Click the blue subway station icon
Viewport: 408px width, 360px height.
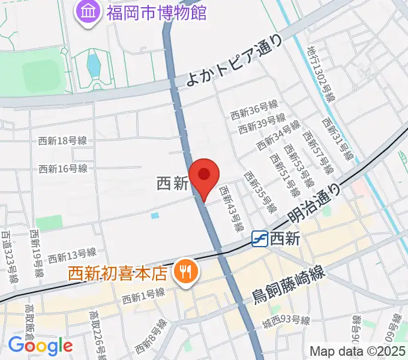click(259, 239)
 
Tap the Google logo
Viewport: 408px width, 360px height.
click(40, 346)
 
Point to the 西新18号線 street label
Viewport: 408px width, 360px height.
click(62, 141)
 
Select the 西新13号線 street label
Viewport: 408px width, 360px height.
click(73, 257)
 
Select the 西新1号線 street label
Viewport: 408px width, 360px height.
click(143, 296)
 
